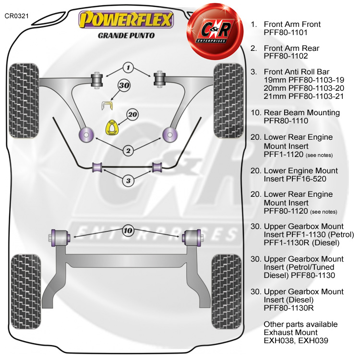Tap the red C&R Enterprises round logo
pos(215,26)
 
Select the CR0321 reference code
pos(17,16)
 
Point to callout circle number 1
pos(129,67)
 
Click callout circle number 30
pos(125,86)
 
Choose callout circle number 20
pos(132,115)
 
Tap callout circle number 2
pos(128,151)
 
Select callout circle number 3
pos(128,180)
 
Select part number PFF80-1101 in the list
pos(286,33)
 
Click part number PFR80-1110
pos(286,122)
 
